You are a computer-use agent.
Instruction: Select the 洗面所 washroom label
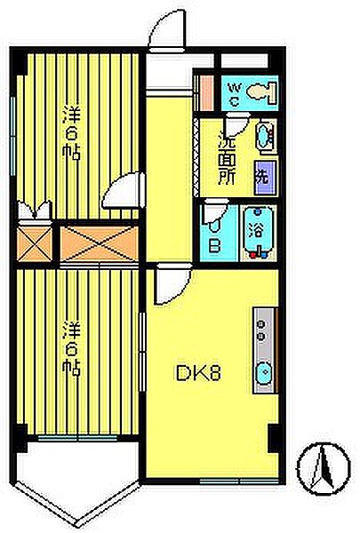coord(227,155)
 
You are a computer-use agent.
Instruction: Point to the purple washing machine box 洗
coord(264,173)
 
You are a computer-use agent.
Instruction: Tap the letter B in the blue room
coord(213,242)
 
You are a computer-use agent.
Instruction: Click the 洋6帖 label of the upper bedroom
coord(71,133)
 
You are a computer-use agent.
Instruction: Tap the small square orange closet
coord(36,243)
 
